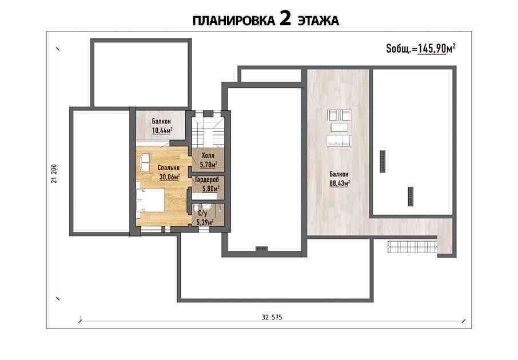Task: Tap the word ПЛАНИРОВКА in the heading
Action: click(234, 21)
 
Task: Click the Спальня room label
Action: click(169, 168)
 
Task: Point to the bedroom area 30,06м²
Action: click(169, 177)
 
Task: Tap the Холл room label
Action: click(208, 155)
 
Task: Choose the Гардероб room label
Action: click(207, 181)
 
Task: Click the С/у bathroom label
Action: click(202, 215)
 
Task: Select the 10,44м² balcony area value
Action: click(162, 131)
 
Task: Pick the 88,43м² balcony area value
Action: click(340, 183)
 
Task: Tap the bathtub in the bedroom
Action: click(145, 162)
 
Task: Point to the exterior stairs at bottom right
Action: click(413, 247)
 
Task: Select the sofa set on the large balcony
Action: click(339, 128)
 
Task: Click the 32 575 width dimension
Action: click(272, 317)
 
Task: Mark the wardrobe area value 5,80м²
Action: click(211, 189)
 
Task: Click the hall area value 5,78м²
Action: click(209, 164)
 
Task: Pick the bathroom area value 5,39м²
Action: click(205, 223)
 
